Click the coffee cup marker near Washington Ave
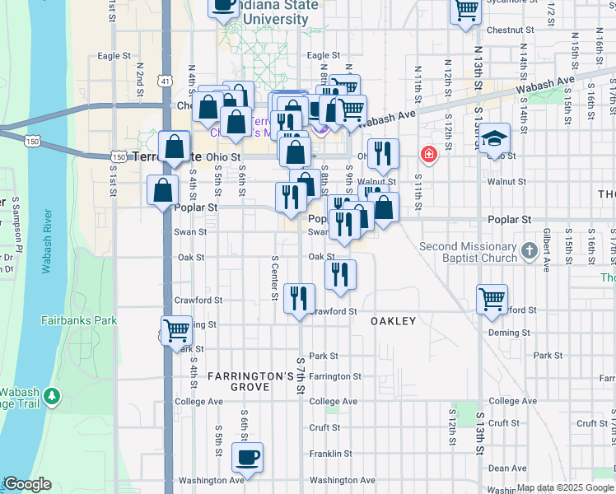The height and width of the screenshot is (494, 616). coord(247,456)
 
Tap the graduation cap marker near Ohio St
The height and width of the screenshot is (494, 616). coord(494,137)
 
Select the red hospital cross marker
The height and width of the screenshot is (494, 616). coord(428,154)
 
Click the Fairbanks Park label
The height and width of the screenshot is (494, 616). coord(79,320)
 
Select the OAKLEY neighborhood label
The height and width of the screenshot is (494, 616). coord(393,321)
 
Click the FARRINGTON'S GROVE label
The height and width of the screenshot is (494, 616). coord(250,381)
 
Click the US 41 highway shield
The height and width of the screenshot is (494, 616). coord(166,82)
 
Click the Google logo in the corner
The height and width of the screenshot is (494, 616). coord(27,484)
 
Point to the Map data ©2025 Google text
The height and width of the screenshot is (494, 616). coord(564,487)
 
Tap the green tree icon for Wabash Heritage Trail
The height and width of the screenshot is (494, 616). coord(52,397)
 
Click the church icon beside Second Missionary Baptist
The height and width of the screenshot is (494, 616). coord(530,248)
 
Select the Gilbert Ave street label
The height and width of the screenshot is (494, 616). coord(546,256)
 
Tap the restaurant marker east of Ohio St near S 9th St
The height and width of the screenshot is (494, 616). coord(383,153)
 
